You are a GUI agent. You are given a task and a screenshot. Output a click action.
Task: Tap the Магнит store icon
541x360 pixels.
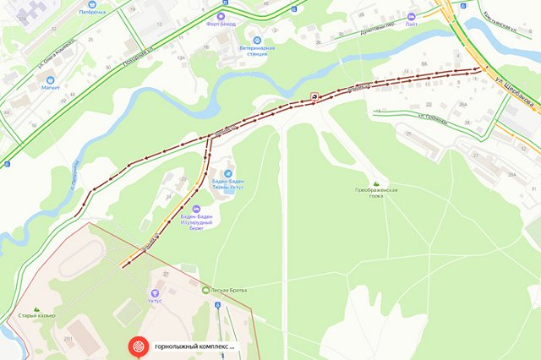(x=50, y=74)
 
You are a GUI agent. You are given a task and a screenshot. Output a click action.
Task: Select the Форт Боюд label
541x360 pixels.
(x=221, y=25)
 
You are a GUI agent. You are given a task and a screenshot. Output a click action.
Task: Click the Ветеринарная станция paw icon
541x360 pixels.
(x=257, y=41)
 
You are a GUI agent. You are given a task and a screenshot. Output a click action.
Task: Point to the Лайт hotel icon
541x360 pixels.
(x=412, y=17)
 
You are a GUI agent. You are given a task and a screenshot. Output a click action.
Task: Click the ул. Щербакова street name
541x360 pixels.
(x=515, y=96)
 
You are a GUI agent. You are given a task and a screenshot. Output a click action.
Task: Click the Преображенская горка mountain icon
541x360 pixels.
(x=376, y=183)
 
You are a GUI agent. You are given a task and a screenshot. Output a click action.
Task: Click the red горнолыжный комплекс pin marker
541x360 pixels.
(x=136, y=346)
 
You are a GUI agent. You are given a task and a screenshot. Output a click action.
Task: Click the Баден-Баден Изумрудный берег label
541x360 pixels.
(x=197, y=221)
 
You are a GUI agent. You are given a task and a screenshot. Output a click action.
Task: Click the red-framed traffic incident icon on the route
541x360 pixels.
(x=314, y=97)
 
